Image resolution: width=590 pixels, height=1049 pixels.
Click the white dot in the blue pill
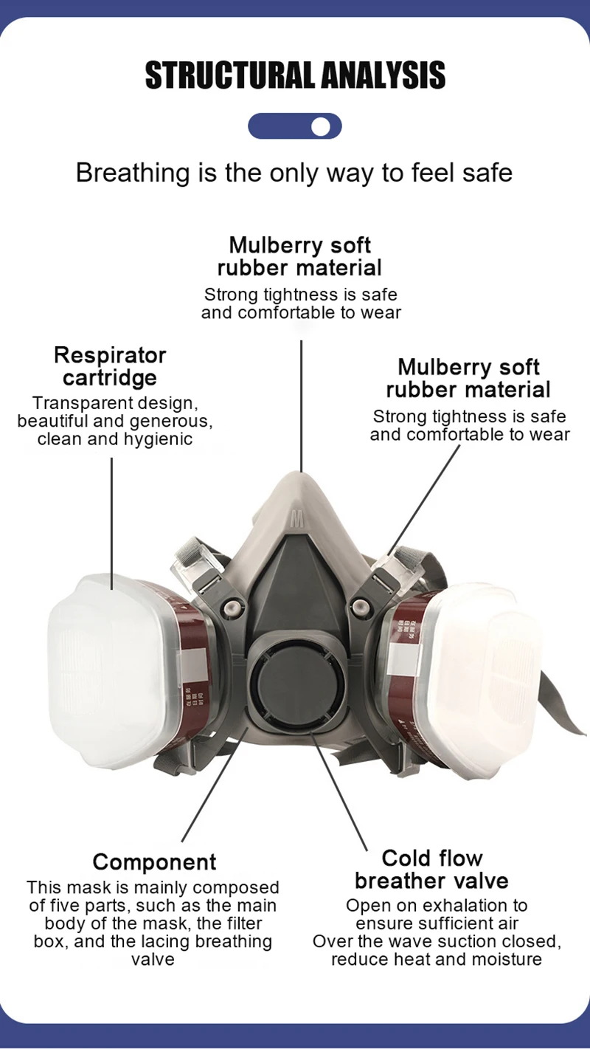[320, 126]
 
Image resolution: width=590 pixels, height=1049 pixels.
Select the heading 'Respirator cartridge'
[110, 366]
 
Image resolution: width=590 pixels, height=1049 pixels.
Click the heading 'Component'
[154, 861]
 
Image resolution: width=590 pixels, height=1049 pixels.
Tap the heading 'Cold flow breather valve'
[431, 869]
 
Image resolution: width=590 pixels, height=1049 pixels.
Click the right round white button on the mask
[360, 607]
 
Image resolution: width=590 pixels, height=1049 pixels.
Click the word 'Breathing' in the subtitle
[122, 173]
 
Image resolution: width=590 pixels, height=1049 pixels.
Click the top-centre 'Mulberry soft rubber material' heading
[299, 255]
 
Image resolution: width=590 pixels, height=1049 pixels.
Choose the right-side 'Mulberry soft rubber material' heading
[468, 378]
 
